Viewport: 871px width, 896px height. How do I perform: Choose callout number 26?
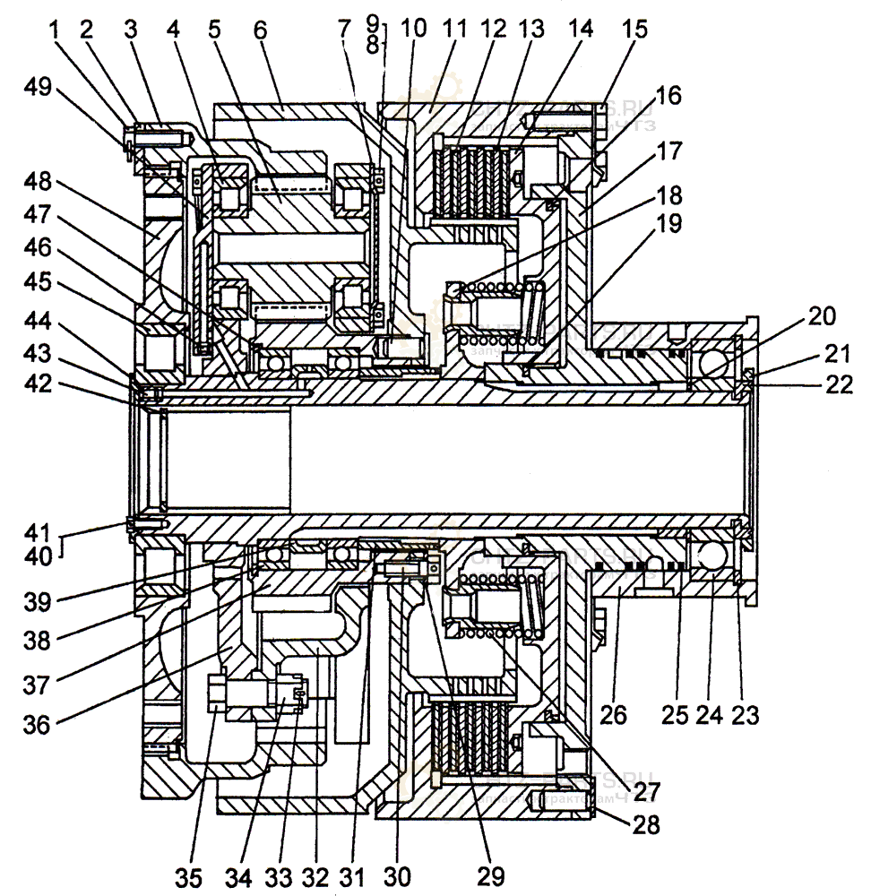(615, 715)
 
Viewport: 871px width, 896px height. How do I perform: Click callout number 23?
(746, 715)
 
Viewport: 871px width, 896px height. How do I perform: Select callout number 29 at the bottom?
(492, 874)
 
